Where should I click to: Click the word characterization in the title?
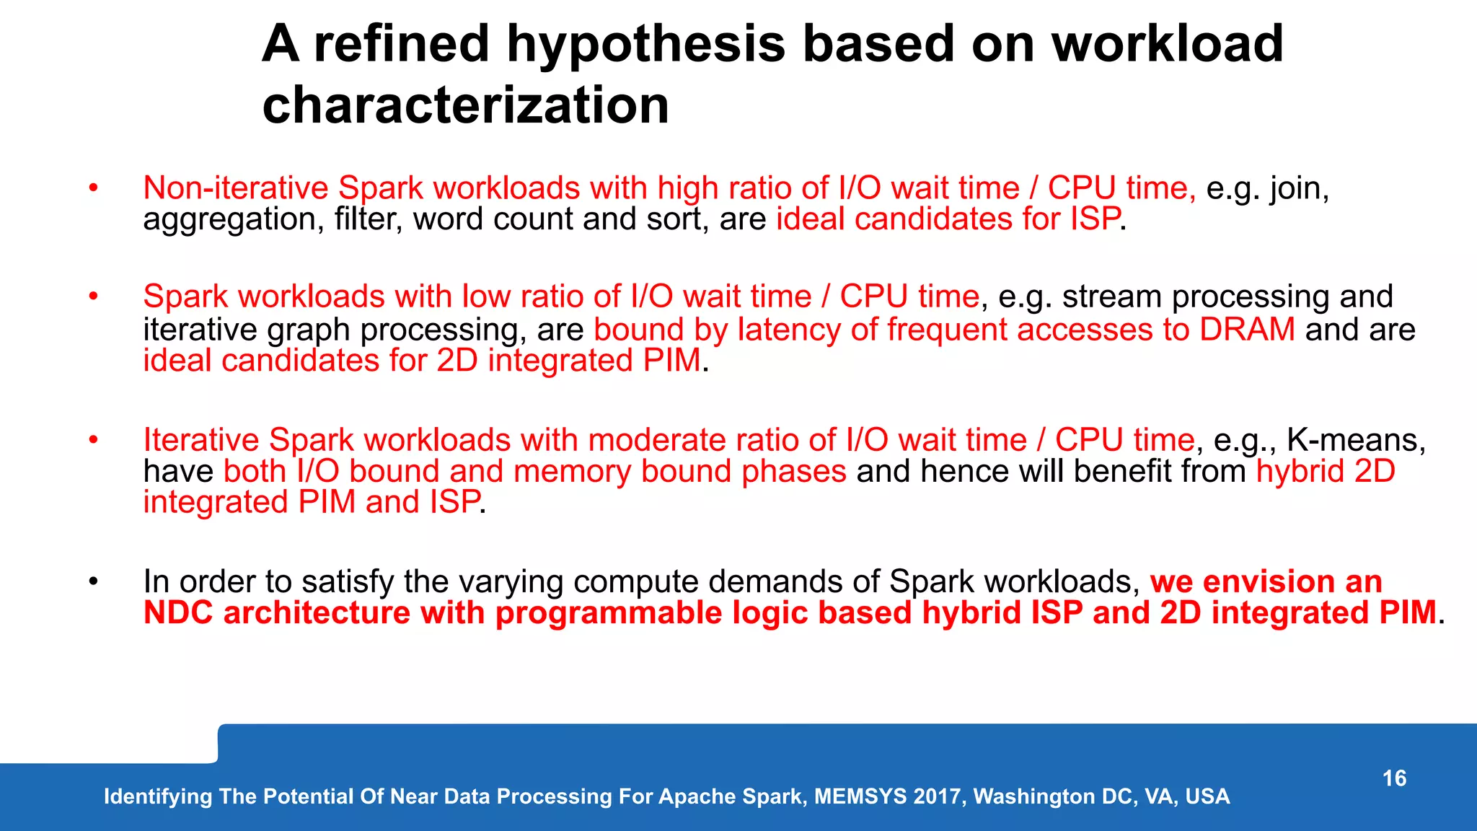coord(465,105)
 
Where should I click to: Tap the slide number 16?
coord(1394,778)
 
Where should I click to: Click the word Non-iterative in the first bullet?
coord(235,188)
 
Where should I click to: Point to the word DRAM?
coord(1247,330)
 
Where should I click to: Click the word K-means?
coord(1356,440)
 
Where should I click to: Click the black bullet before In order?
coord(93,581)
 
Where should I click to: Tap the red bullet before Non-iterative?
coord(93,188)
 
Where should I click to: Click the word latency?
coord(789,330)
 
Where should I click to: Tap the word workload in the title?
coord(1166,45)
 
